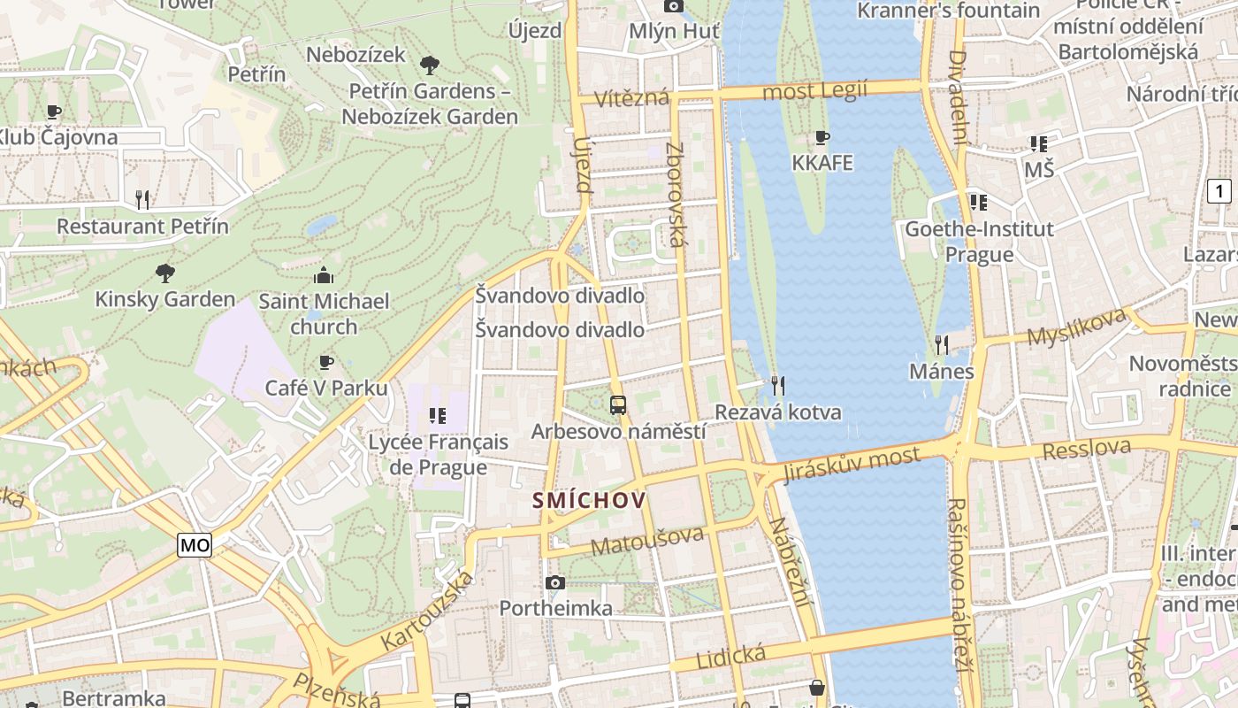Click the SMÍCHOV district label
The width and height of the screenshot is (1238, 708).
click(x=589, y=501)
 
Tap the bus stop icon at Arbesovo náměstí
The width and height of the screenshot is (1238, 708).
click(x=618, y=405)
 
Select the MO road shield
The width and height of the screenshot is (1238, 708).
click(x=195, y=545)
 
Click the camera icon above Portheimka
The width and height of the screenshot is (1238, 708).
click(x=555, y=582)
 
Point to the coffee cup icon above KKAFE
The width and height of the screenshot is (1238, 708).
click(x=822, y=137)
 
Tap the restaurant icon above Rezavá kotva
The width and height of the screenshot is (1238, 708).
click(x=778, y=385)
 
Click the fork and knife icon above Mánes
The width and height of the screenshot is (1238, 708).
click(x=942, y=344)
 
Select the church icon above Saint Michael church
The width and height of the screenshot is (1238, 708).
click(x=324, y=275)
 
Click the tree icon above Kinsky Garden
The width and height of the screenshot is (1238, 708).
click(x=164, y=273)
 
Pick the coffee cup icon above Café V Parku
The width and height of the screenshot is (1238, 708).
click(x=326, y=362)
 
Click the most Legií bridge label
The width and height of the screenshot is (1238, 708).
click(x=814, y=91)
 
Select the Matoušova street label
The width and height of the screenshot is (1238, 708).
click(x=647, y=541)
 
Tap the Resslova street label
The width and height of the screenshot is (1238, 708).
click(x=1086, y=449)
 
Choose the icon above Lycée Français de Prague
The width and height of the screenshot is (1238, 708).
click(x=437, y=415)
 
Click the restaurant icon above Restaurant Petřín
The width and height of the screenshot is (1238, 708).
click(x=142, y=200)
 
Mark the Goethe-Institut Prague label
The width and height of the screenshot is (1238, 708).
click(x=979, y=242)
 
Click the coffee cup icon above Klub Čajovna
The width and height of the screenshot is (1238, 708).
click(x=54, y=112)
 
